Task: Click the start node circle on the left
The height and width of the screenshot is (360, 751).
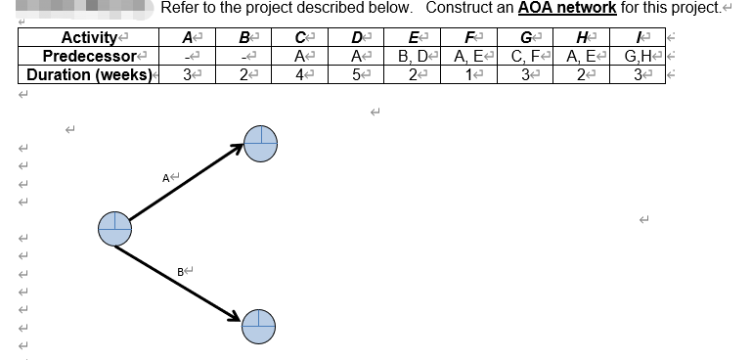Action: tap(114, 228)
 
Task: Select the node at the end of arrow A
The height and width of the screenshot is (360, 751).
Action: tap(260, 144)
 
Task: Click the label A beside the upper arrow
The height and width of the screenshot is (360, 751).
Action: tap(170, 176)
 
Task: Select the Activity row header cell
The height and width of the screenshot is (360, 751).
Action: tap(88, 38)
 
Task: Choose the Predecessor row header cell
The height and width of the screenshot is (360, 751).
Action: tap(88, 56)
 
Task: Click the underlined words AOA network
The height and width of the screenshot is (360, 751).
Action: tap(560, 8)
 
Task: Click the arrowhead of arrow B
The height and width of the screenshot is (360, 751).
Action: tap(235, 316)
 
